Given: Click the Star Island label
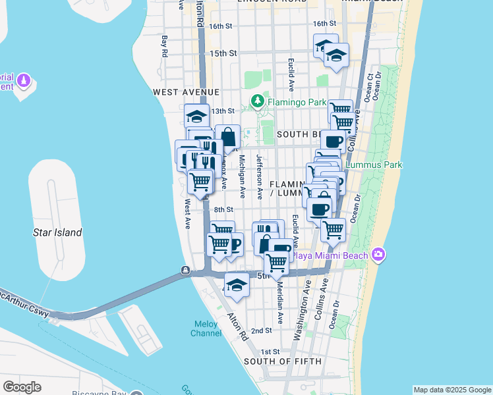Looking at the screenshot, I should click(x=57, y=232).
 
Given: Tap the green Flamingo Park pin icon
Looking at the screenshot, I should click(x=257, y=102).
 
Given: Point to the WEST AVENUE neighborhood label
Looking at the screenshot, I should click(x=186, y=92).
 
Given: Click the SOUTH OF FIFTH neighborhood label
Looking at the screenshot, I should click(x=283, y=361).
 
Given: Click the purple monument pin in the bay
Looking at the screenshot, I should click(x=24, y=80).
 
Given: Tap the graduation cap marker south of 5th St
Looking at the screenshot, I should click(x=236, y=285).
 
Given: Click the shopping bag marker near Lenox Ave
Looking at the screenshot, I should click(x=228, y=138).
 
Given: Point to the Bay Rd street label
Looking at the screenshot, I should click(x=165, y=47).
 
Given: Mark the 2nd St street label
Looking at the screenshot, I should click(x=261, y=330).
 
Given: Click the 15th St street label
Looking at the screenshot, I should click(x=222, y=53).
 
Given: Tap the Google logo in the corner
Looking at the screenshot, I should click(x=22, y=387).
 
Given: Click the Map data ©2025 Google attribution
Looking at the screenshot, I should click(x=452, y=390).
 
